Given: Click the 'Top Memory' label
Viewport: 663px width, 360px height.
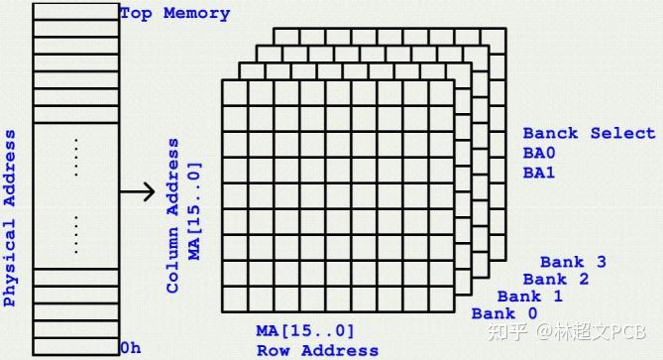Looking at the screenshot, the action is [x=174, y=14].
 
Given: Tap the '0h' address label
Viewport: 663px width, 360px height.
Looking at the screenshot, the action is [x=130, y=347].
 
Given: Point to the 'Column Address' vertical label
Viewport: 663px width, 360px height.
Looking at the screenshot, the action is [x=173, y=215].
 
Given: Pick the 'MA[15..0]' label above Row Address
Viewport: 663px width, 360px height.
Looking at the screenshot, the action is [x=304, y=330].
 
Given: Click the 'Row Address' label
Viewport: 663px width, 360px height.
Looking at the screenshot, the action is [x=317, y=349].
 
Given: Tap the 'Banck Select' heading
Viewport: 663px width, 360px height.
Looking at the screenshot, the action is [x=589, y=133].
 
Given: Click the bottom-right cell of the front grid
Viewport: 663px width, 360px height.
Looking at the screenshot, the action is [x=441, y=298].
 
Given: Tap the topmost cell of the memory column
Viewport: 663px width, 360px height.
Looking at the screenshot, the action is [x=76, y=10].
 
